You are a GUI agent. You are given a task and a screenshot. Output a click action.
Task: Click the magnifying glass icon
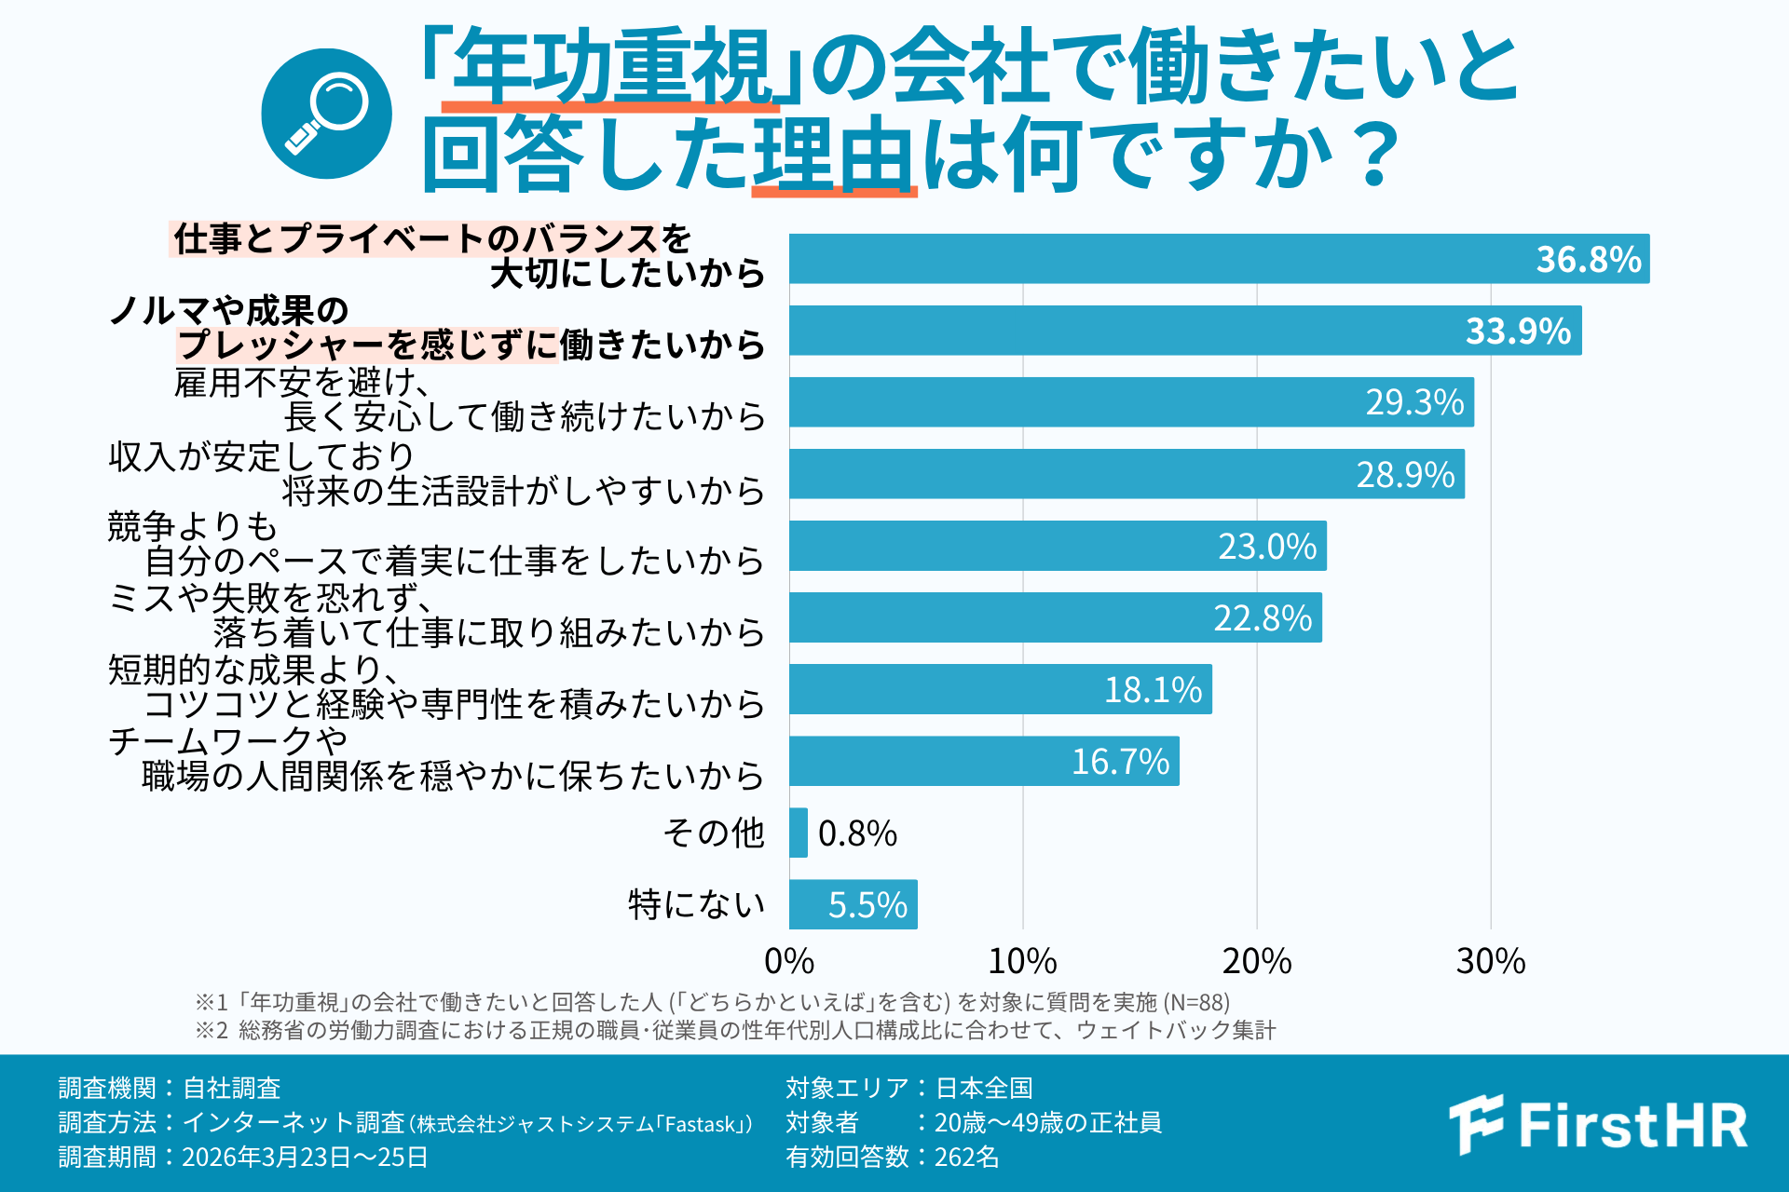click(x=326, y=114)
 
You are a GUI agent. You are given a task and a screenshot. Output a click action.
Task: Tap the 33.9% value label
click(x=1518, y=331)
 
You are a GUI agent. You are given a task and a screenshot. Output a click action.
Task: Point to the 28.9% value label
click(x=1405, y=475)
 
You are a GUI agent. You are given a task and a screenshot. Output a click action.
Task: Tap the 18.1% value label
click(x=1153, y=690)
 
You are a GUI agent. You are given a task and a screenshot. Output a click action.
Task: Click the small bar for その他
click(x=799, y=833)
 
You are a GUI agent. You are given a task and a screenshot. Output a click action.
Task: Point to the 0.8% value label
click(x=857, y=833)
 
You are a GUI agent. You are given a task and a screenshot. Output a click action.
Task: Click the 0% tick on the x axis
click(x=789, y=961)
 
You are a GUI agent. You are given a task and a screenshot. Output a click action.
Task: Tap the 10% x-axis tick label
click(x=1022, y=961)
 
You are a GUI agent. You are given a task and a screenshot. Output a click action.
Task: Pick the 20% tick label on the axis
click(x=1256, y=961)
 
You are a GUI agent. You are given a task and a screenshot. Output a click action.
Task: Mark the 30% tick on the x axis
click(x=1490, y=961)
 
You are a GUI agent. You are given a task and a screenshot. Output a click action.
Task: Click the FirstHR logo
click(x=1599, y=1124)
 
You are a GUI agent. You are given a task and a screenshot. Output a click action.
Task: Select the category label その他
click(x=714, y=833)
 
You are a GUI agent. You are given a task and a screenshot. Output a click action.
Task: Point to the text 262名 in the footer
click(x=966, y=1157)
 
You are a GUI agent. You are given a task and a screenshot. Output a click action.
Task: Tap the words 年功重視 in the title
click(x=611, y=67)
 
